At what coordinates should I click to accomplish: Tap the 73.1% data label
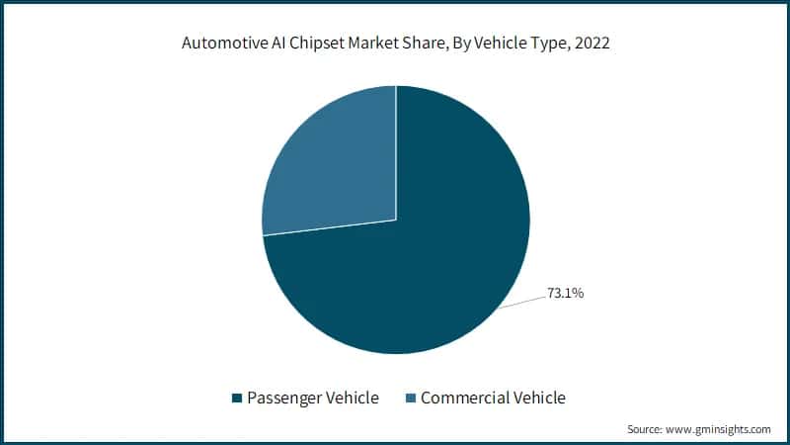[x=566, y=293]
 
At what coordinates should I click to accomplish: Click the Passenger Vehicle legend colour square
[x=237, y=399]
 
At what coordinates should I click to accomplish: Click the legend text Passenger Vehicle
[x=312, y=399]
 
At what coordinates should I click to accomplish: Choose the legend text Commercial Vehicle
[x=493, y=399]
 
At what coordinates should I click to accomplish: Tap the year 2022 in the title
[x=592, y=44]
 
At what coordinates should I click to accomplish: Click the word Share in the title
[x=427, y=44]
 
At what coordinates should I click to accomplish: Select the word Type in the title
[x=545, y=44]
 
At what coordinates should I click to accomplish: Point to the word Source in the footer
[x=647, y=429]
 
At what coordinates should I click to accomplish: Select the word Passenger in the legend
[x=286, y=399]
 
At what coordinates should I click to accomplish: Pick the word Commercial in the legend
[x=468, y=399]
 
